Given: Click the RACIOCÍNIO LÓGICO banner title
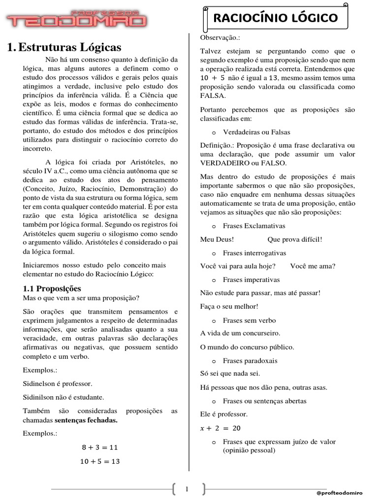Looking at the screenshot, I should (x=275, y=18).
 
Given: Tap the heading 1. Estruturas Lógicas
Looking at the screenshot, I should (x=64, y=48).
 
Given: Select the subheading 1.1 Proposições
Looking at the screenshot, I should (x=52, y=288).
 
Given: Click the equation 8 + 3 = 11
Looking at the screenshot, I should (x=100, y=447).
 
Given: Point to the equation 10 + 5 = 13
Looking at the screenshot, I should (x=100, y=461).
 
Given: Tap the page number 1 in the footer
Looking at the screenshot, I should (x=187, y=489).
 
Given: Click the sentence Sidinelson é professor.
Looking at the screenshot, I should (x=58, y=383).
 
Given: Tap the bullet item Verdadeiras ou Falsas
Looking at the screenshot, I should (x=256, y=132).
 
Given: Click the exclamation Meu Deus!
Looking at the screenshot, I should (x=217, y=239).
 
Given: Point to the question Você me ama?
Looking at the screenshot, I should (x=313, y=266).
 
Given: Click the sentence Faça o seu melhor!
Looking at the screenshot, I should (x=229, y=306).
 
